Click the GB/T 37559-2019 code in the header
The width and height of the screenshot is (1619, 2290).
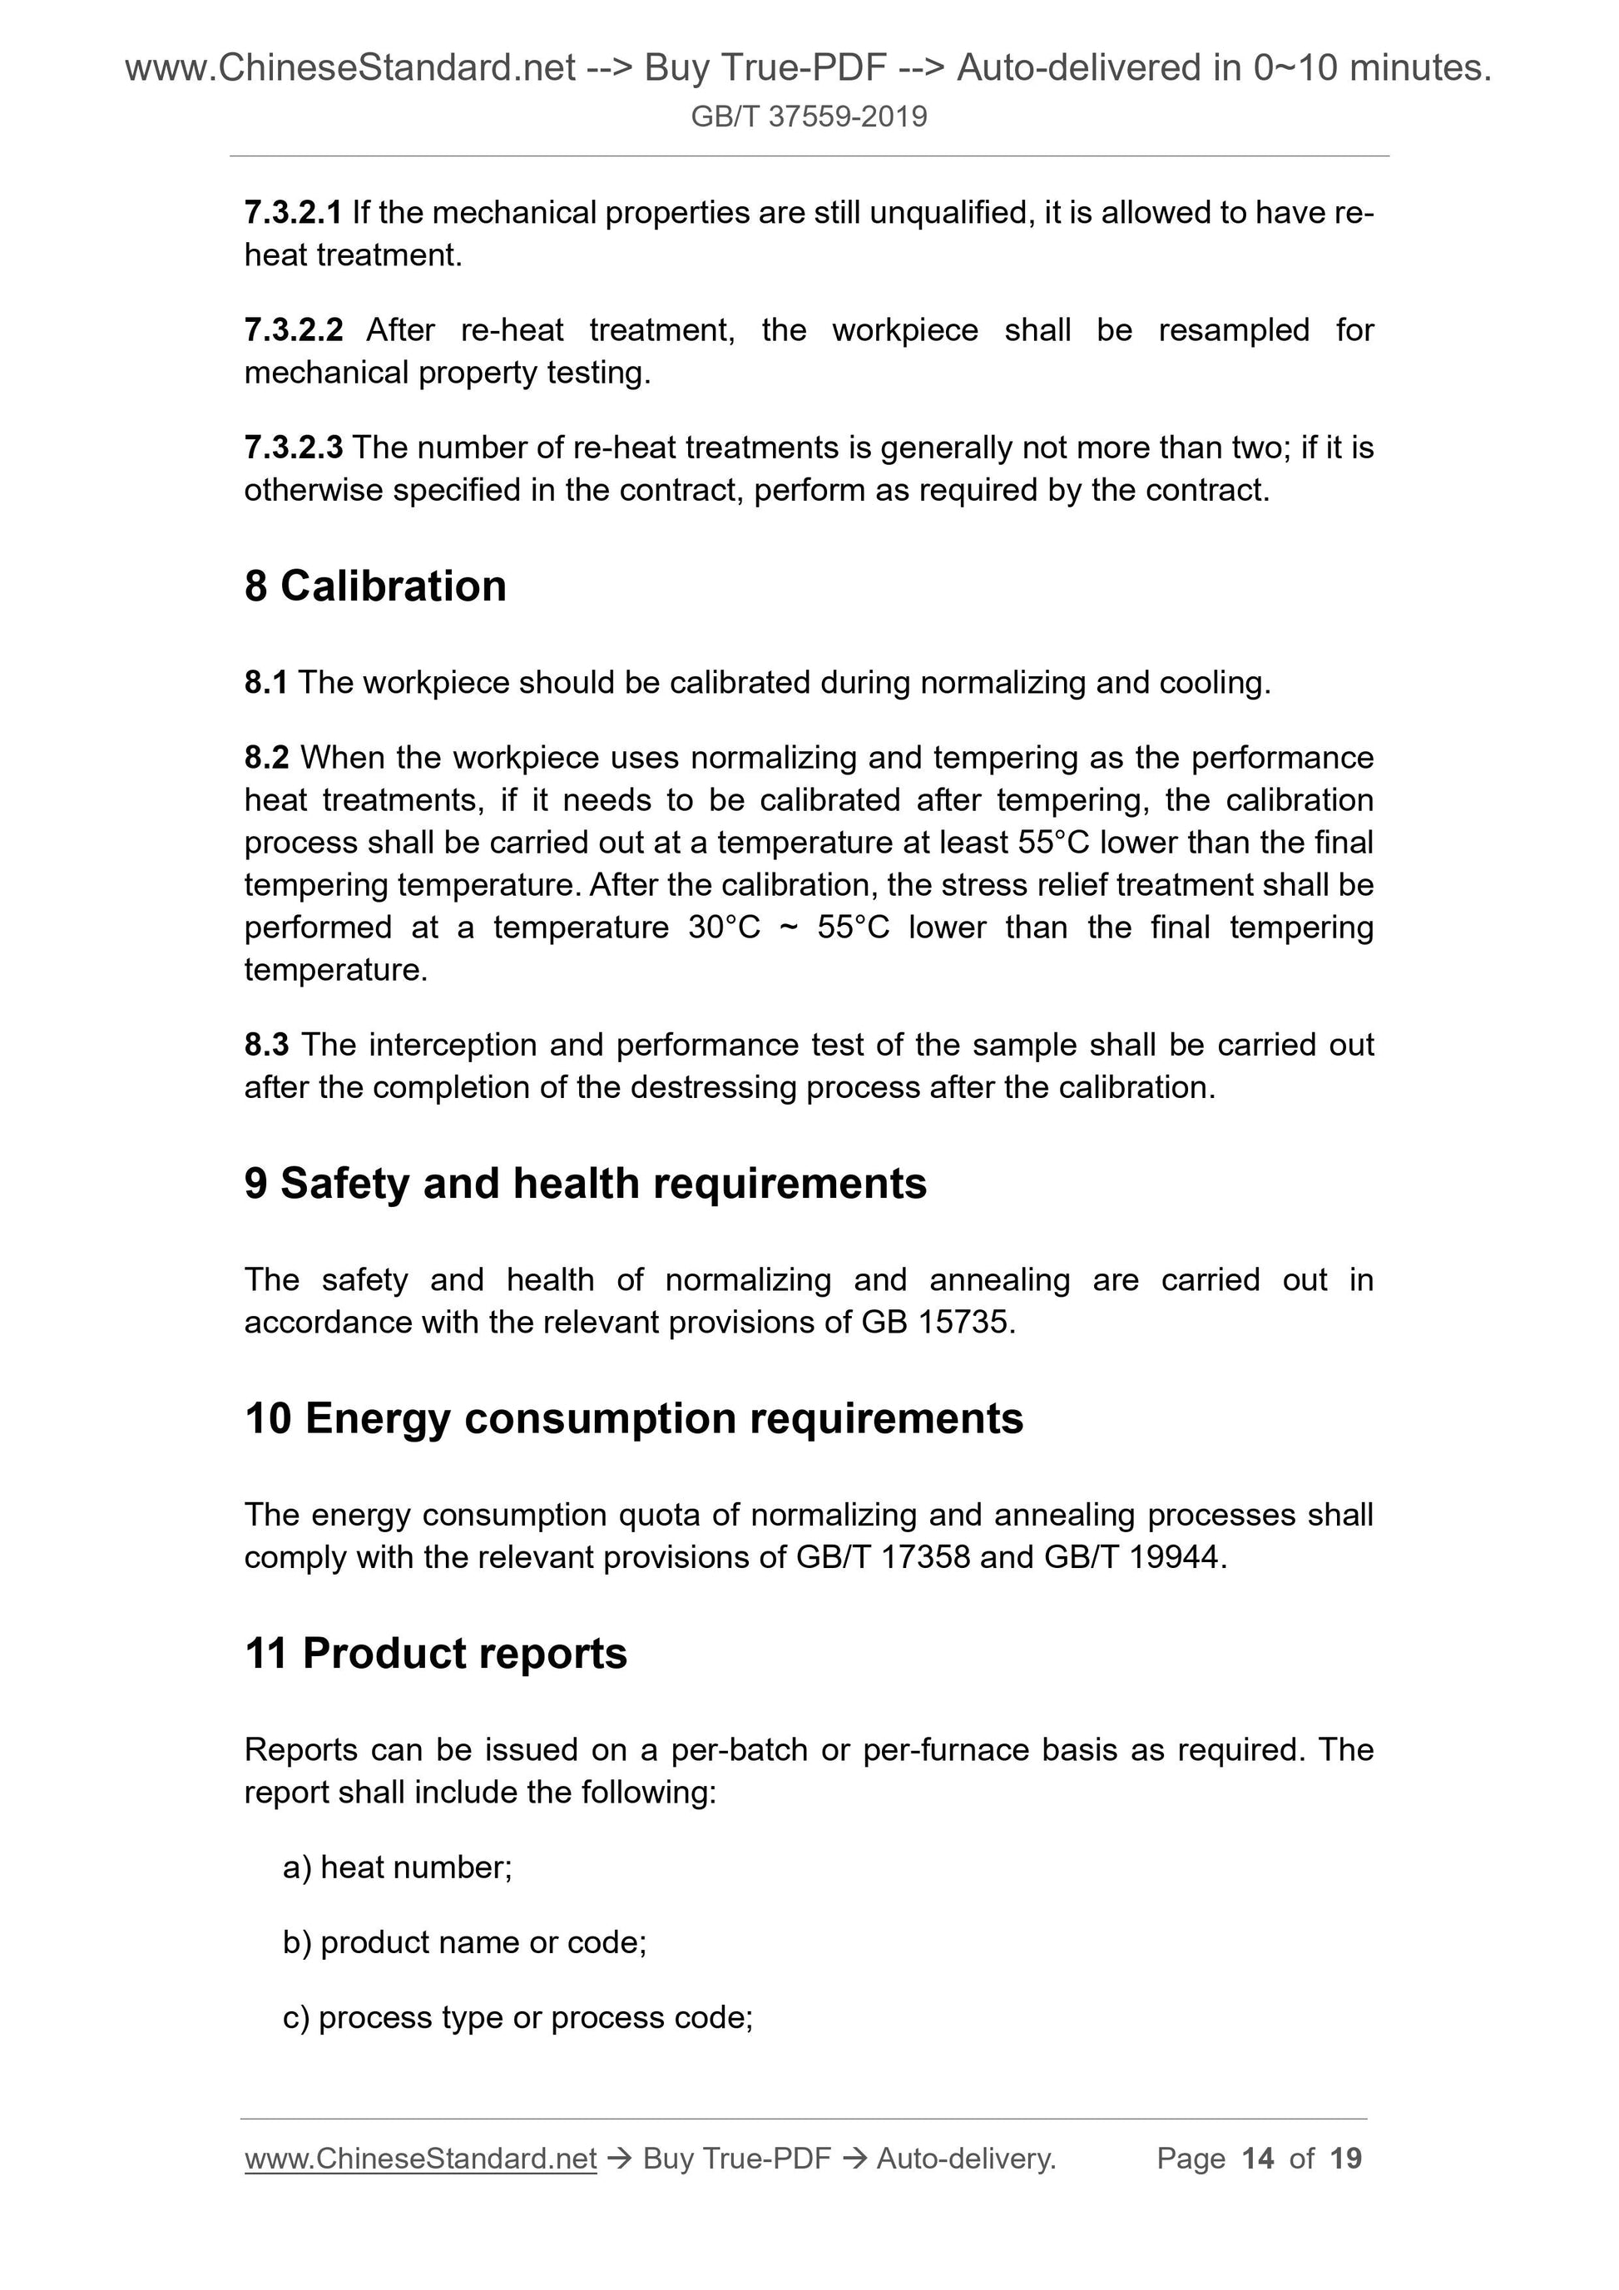point(808,116)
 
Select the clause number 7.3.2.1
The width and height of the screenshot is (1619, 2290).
point(292,212)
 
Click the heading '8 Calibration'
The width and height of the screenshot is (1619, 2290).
point(375,586)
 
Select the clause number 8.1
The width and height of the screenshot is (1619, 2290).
point(265,683)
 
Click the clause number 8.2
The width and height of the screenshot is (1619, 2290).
point(266,758)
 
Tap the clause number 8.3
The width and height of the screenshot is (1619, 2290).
point(266,1046)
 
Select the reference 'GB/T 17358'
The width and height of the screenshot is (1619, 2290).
point(883,1557)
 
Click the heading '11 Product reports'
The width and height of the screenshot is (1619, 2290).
point(435,1654)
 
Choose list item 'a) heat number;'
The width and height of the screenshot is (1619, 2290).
point(397,1867)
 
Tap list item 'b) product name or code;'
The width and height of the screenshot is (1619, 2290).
point(465,1942)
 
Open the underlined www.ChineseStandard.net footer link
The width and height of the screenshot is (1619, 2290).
point(420,2159)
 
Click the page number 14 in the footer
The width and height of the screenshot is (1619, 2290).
point(1257,2159)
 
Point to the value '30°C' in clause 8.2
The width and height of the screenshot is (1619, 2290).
point(724,927)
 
